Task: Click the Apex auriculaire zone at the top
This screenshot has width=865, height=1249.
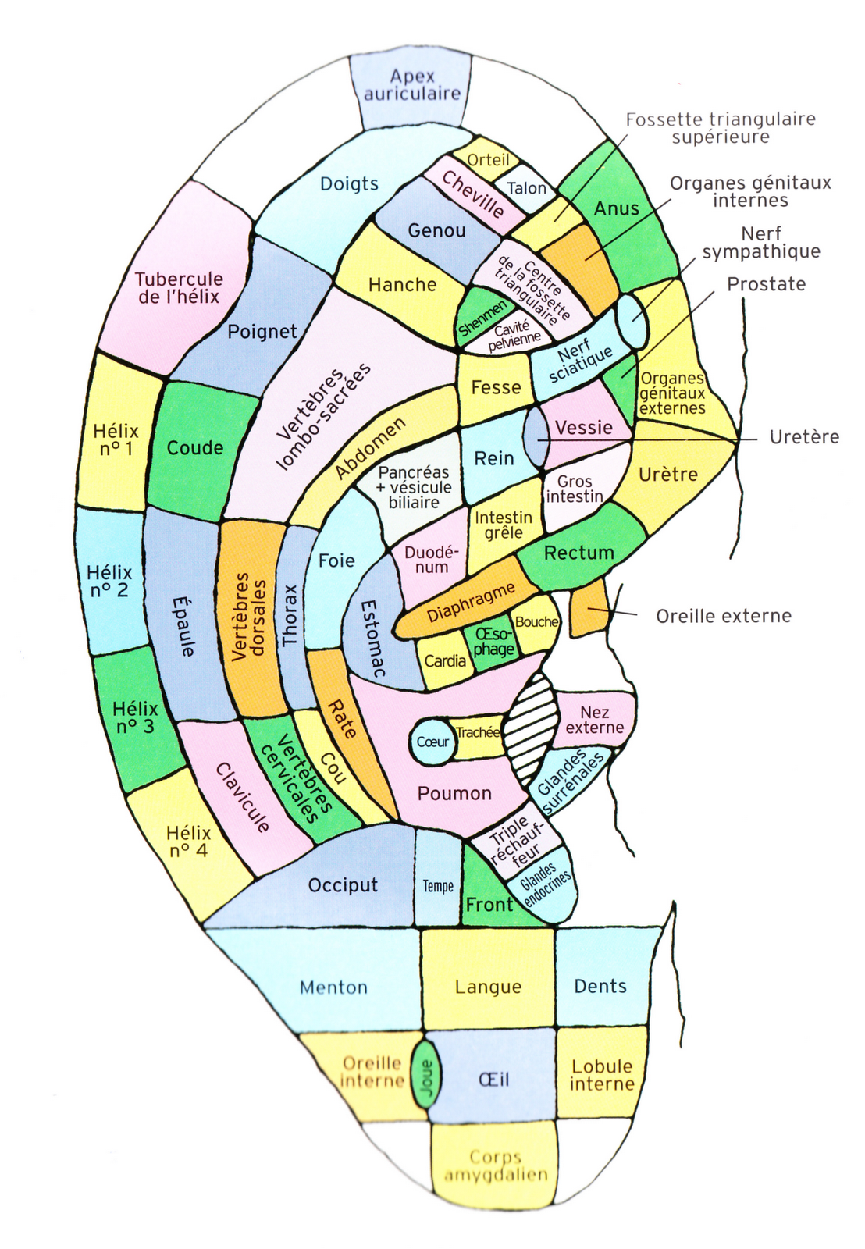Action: tap(412, 86)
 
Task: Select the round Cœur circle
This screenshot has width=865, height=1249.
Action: tap(432, 742)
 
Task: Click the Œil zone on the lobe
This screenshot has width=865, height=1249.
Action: tap(493, 1079)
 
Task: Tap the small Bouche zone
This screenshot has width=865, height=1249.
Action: tap(536, 622)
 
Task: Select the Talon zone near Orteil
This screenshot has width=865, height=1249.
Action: tap(527, 188)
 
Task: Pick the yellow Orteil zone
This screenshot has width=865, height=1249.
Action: tap(487, 159)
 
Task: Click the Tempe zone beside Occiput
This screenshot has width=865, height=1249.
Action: tap(438, 885)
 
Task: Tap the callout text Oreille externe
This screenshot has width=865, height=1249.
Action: tap(723, 616)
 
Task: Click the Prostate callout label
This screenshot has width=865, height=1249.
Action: tap(766, 284)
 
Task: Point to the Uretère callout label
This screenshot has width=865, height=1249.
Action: tap(804, 437)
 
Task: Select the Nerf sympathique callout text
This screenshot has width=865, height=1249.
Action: tap(761, 242)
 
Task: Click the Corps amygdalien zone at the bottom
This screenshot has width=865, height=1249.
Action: tap(496, 1165)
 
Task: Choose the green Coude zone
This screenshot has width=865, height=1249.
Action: tap(195, 448)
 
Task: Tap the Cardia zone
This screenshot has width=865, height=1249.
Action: tap(445, 661)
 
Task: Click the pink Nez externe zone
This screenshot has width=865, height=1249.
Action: tap(595, 720)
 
